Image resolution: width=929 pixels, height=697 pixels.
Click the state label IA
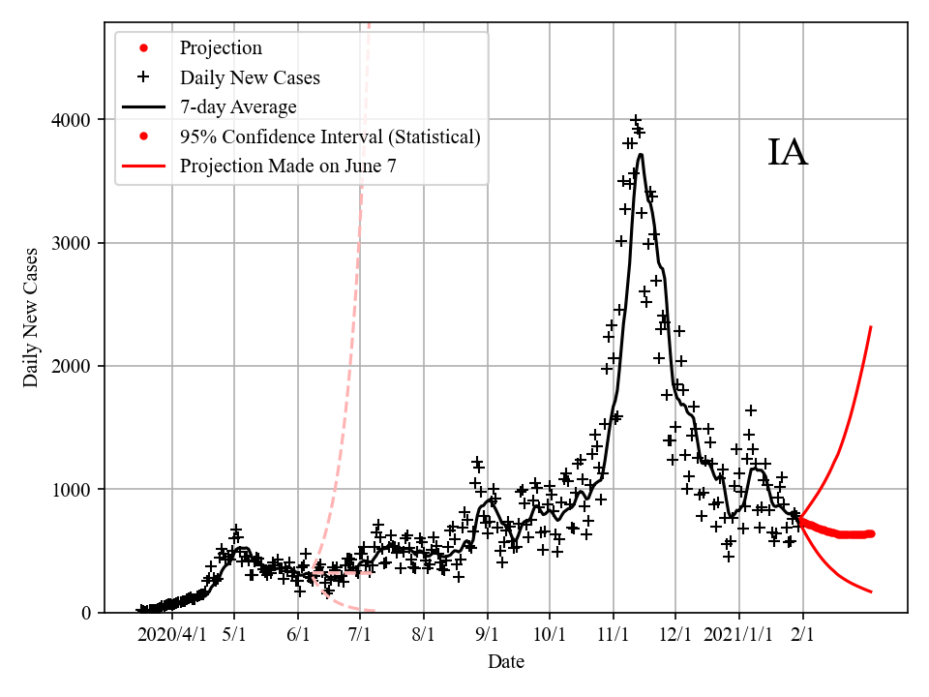pyautogui.click(x=788, y=153)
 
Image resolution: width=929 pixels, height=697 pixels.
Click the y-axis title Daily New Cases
pyautogui.click(x=32, y=318)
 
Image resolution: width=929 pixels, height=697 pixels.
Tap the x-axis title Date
pyautogui.click(x=505, y=662)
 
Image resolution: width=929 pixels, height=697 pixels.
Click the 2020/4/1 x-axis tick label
pyautogui.click(x=171, y=635)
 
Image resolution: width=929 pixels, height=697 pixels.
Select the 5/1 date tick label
pyautogui.click(x=234, y=635)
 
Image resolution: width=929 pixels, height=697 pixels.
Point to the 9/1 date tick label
pyautogui.click(x=487, y=635)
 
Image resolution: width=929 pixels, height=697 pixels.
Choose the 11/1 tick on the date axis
pyautogui.click(x=613, y=635)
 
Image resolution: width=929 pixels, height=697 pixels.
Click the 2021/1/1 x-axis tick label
pyautogui.click(x=738, y=635)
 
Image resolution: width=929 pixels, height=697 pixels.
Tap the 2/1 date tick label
pyautogui.click(x=802, y=635)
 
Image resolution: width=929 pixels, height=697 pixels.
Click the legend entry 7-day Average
pyautogui.click(x=238, y=106)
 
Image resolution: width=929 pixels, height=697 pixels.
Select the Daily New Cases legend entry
pyautogui.click(x=250, y=77)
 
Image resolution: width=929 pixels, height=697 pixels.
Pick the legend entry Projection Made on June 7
pyautogui.click(x=287, y=166)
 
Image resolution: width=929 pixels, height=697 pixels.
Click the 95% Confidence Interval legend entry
pyautogui.click(x=329, y=136)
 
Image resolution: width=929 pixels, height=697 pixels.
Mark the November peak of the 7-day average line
pyautogui.click(x=640, y=155)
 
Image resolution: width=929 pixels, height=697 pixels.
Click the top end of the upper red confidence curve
pyautogui.click(x=872, y=327)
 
